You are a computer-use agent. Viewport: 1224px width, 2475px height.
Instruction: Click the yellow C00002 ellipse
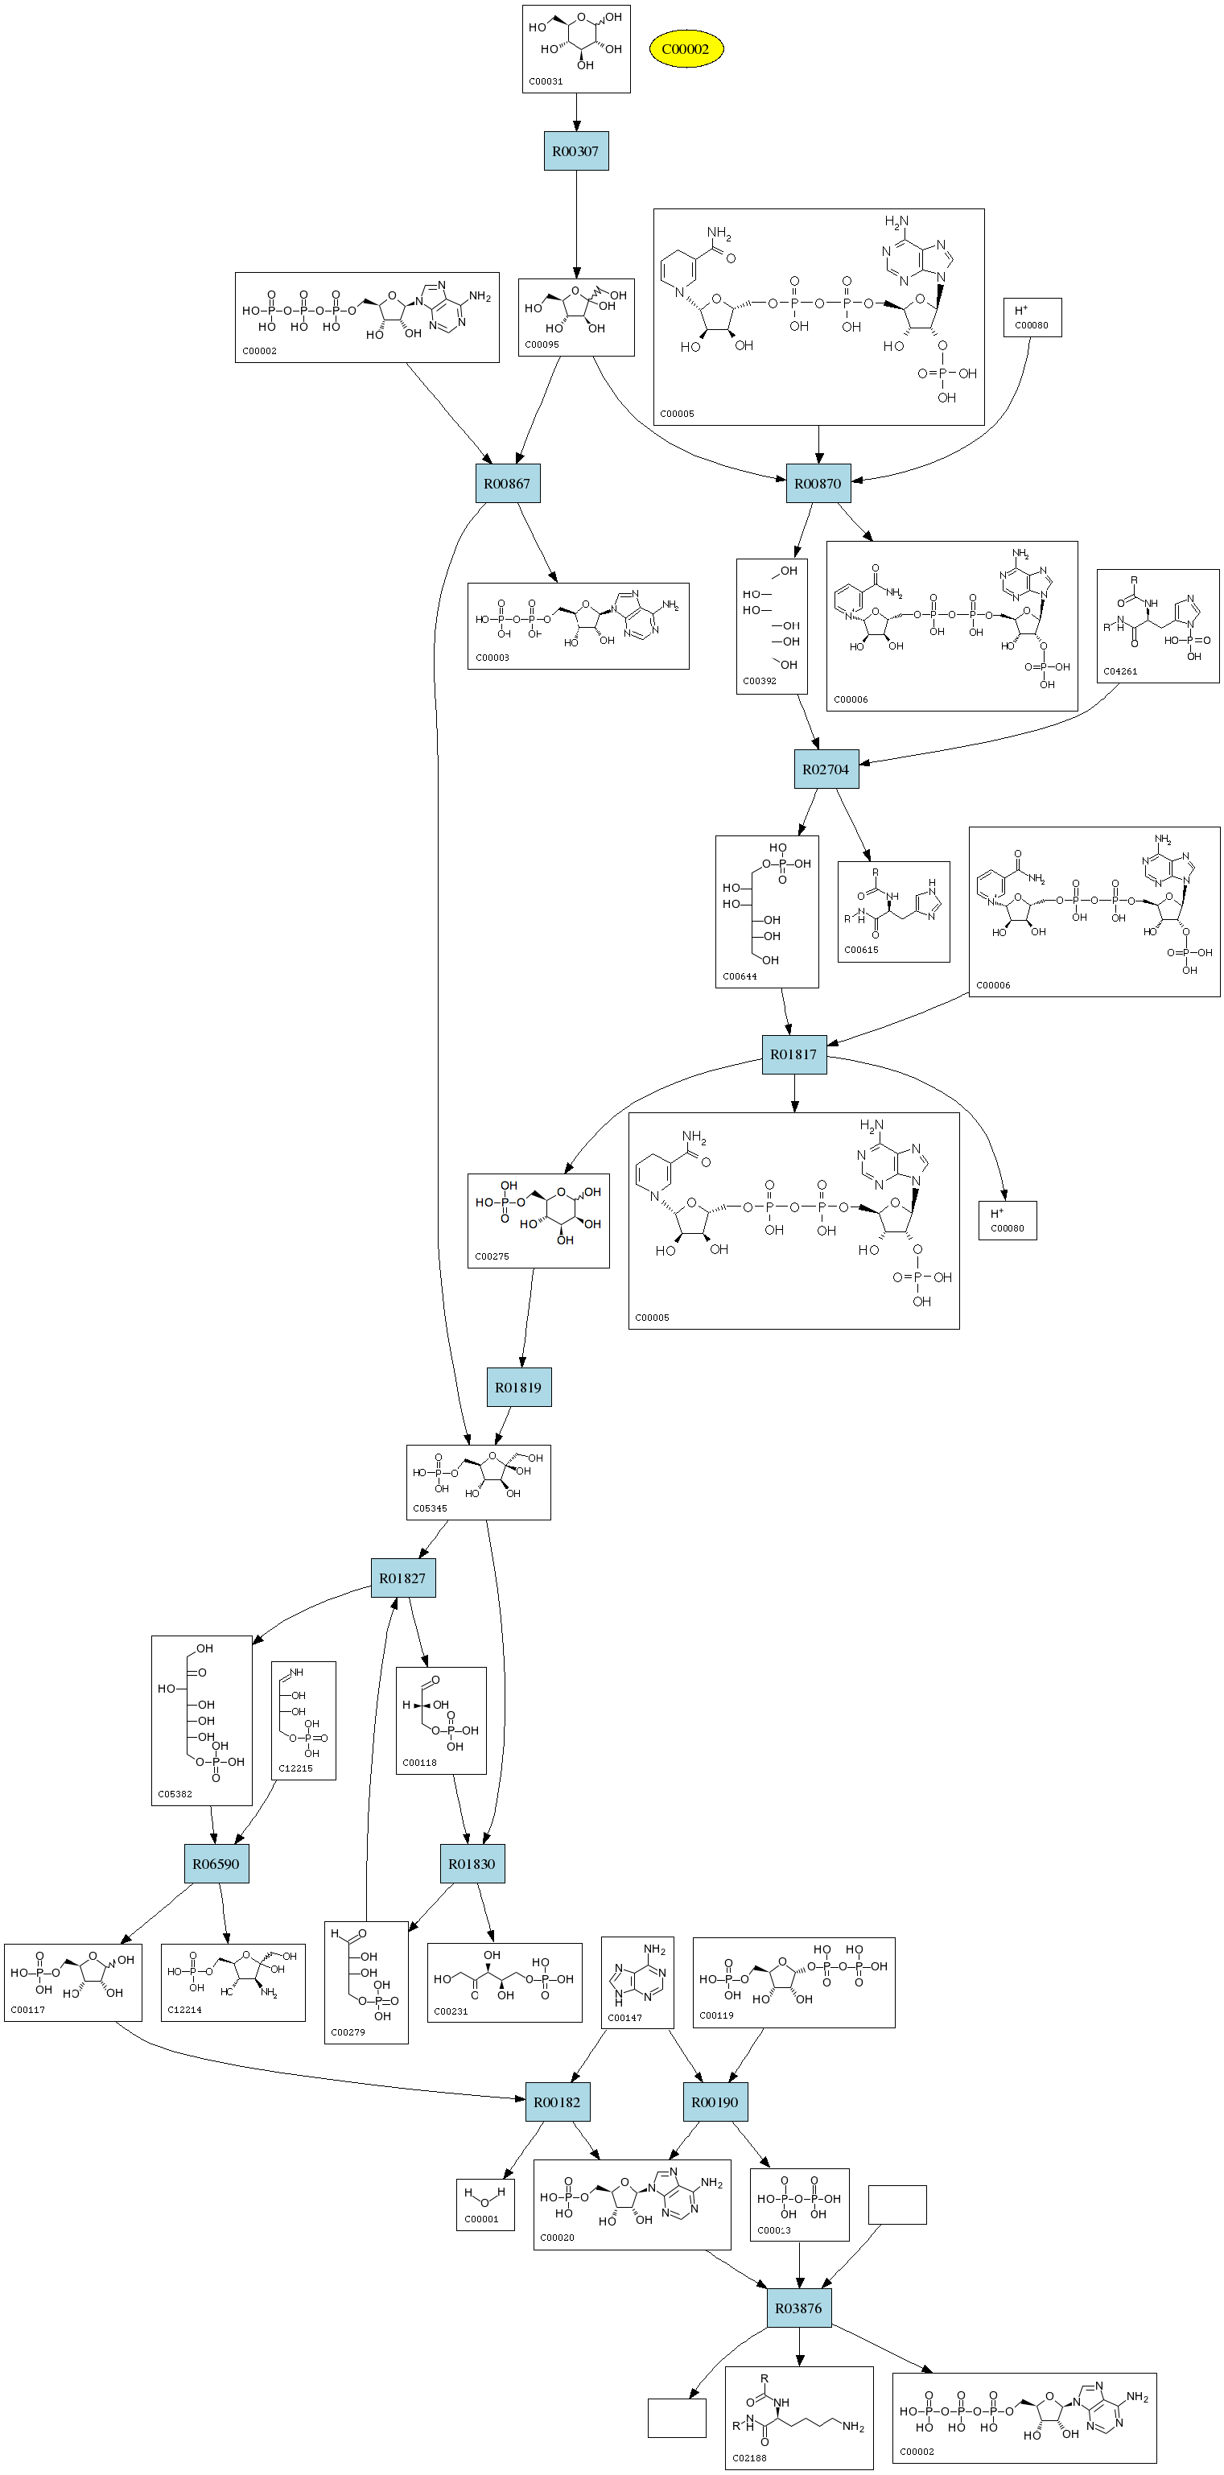[685, 49]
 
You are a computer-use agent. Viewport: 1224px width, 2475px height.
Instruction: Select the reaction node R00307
[575, 151]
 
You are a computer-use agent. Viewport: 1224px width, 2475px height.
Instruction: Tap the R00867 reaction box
[507, 483]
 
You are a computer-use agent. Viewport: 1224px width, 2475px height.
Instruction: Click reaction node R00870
[818, 483]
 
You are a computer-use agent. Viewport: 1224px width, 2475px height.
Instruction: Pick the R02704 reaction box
[826, 769]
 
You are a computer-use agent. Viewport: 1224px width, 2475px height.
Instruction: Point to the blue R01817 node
[793, 1054]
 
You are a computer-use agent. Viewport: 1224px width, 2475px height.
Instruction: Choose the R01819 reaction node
[519, 1388]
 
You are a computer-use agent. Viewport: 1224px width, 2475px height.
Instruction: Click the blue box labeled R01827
[402, 1578]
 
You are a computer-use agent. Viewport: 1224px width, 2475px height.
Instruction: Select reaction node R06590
[216, 1864]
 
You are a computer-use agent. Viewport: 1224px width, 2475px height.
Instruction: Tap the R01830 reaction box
[472, 1864]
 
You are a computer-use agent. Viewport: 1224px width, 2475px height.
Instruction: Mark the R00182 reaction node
[557, 2102]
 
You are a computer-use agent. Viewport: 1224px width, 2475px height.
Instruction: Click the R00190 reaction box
[715, 2102]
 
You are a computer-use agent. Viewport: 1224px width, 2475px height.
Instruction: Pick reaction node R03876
[798, 2308]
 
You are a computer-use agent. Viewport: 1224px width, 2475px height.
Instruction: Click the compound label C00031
[546, 81]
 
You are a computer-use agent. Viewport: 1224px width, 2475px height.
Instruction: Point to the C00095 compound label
[542, 344]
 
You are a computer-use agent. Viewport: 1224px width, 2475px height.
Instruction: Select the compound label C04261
[1120, 671]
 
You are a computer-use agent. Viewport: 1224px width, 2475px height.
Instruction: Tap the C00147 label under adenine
[624, 2018]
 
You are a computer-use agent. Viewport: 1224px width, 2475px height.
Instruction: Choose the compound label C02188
[749, 2458]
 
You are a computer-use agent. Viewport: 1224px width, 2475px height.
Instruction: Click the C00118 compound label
[420, 1763]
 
